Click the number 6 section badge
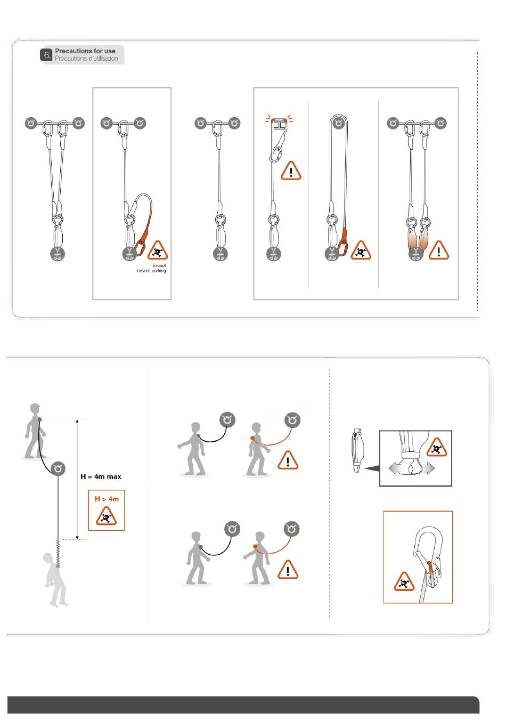click(47, 55)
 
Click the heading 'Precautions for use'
click(85, 51)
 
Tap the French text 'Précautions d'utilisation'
click(86, 59)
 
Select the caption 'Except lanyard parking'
click(151, 268)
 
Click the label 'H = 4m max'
click(101, 476)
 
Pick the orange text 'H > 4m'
click(107, 499)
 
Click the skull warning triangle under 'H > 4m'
click(107, 516)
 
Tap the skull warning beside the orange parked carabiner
click(157, 250)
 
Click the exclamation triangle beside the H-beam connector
click(291, 171)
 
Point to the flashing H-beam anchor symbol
click(279, 124)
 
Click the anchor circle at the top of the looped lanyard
click(338, 124)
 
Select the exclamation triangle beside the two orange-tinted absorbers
click(439, 250)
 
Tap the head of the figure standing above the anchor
click(35, 409)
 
